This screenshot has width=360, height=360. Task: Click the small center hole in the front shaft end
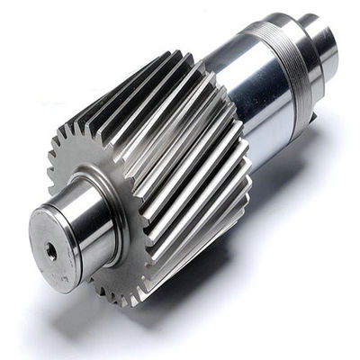click(51, 253)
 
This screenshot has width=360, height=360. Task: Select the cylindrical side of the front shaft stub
click(90, 220)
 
